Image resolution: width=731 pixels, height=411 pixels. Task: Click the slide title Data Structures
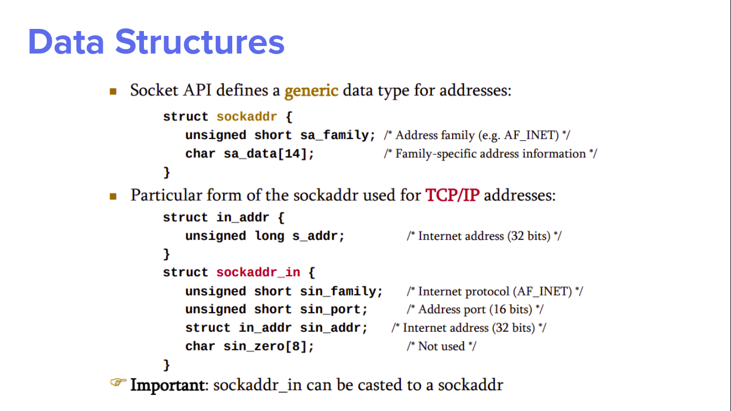[156, 42]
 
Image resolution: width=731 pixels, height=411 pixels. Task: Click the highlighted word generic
[311, 90]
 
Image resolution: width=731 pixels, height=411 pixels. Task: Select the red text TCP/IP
[452, 195]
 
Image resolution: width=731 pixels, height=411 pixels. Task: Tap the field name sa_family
[338, 135]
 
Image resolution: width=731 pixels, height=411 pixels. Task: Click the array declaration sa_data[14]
[269, 154]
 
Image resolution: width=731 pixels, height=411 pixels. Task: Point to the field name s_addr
[318, 236]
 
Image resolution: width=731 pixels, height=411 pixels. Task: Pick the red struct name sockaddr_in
[258, 272]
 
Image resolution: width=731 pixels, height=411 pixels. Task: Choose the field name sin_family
[341, 292]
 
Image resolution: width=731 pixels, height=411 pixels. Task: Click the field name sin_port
[333, 310]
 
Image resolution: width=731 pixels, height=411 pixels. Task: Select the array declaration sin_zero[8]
[269, 347]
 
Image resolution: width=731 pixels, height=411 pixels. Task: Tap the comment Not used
[441, 347]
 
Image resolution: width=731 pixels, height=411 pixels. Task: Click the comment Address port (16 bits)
[475, 309]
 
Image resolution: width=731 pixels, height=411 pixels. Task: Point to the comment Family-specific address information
[490, 154]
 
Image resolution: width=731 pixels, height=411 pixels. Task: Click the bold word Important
[167, 385]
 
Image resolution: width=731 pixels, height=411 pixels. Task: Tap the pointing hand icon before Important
[118, 383]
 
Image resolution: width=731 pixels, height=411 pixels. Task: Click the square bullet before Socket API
[113, 92]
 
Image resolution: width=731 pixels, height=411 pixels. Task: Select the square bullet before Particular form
[113, 196]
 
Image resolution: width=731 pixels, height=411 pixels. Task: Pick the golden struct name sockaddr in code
[247, 117]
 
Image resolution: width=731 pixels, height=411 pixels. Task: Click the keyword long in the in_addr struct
[269, 236]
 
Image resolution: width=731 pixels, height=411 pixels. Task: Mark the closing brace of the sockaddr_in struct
[166, 365]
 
